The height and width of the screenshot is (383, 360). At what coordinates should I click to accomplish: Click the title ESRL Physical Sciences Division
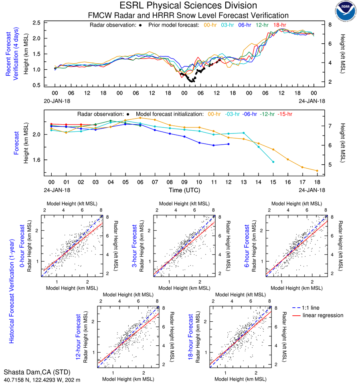[x=188, y=6]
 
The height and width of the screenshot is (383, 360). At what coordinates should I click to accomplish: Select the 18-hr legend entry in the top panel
[x=279, y=25]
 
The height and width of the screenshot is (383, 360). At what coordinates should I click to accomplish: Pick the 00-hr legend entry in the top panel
[x=210, y=25]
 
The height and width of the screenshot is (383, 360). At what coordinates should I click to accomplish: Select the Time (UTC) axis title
[x=184, y=189]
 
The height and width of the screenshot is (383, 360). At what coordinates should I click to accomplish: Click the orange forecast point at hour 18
[x=317, y=171]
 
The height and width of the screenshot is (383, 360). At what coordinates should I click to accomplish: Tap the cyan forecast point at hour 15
[x=273, y=162]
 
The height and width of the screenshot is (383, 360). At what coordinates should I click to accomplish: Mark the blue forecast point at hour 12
[x=229, y=144]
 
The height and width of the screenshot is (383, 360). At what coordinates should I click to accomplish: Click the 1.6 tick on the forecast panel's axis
[x=37, y=160]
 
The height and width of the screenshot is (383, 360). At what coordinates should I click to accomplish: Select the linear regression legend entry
[x=323, y=315]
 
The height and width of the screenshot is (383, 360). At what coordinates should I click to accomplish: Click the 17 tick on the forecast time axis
[x=302, y=182]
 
